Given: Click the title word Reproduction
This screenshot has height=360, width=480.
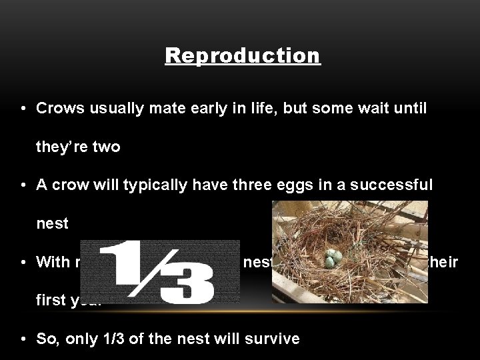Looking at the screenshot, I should [243, 55].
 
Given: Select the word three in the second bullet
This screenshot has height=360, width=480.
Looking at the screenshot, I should [212, 185].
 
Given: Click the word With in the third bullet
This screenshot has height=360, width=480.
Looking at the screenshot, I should [53, 262].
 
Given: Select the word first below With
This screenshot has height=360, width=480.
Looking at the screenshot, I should [52, 301].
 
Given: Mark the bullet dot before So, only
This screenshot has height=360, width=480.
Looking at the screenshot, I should [23, 339].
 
